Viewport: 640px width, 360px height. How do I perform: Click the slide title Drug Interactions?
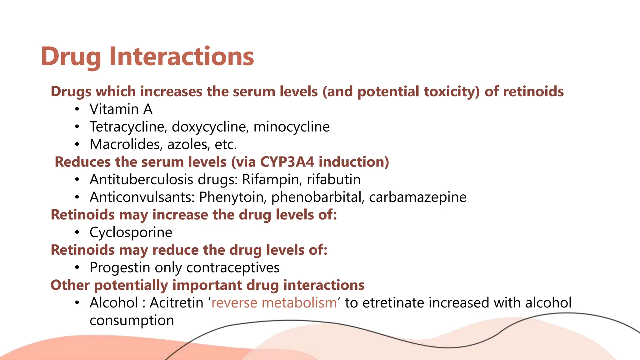coord(147,57)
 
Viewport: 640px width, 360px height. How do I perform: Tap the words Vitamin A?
coord(121,109)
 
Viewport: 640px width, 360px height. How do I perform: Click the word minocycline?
coord(291,127)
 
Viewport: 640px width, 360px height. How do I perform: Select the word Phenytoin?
coord(232,197)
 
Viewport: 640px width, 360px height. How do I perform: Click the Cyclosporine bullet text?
coord(131,232)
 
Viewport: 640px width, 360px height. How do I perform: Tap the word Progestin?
coord(120,268)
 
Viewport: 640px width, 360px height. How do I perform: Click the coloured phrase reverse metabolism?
coord(274,303)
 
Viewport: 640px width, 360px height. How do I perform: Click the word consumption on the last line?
coord(132,321)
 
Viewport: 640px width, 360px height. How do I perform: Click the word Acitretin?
coord(176,303)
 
